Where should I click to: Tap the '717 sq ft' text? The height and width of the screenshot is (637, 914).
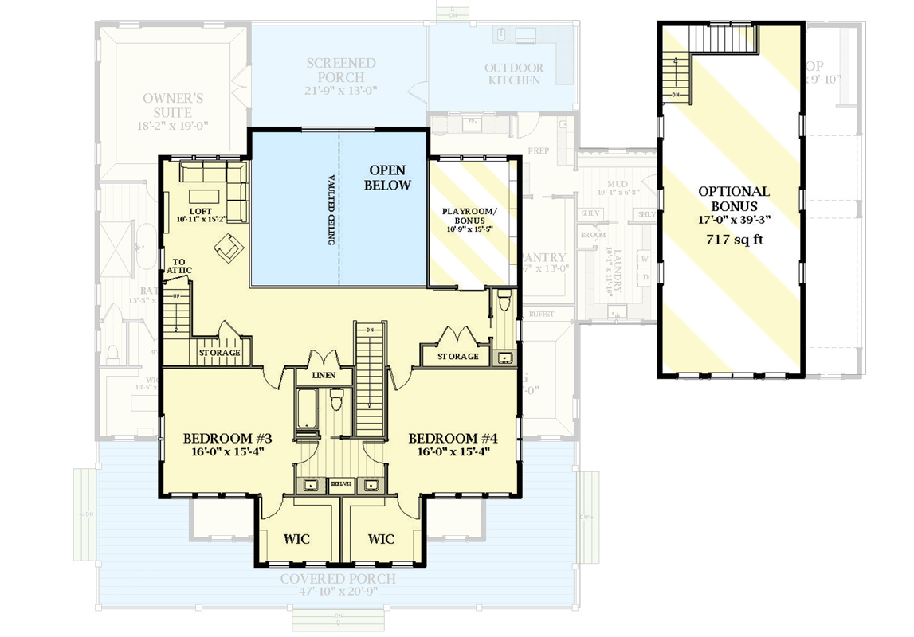[x=733, y=240]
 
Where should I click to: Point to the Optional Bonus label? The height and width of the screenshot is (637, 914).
[x=733, y=198]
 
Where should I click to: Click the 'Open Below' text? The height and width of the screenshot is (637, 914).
[x=387, y=178]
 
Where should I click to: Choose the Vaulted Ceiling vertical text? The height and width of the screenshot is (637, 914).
[x=331, y=210]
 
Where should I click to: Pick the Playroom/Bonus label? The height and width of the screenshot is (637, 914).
[x=469, y=222]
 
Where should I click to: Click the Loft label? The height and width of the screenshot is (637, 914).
[x=201, y=213]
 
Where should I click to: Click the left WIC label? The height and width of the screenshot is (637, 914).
[x=296, y=539]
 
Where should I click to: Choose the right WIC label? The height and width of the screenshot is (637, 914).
[x=381, y=539]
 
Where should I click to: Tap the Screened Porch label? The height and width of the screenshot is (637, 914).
[x=340, y=76]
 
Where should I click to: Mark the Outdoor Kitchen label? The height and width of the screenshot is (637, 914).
[x=514, y=74]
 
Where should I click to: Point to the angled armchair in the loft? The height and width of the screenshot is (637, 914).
[x=228, y=248]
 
